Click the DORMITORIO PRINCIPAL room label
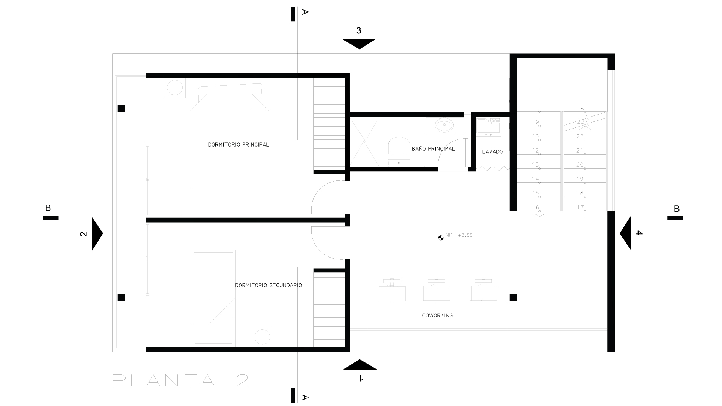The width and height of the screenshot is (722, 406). point(238,145)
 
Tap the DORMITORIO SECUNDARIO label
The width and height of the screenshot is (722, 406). point(268,285)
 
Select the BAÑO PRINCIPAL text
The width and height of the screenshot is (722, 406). point(433,149)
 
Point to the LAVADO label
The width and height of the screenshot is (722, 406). point(492,152)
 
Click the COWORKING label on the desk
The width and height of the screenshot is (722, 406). point(437,315)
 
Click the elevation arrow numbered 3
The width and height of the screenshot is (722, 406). point(359,44)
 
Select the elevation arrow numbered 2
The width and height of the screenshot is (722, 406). point(97,233)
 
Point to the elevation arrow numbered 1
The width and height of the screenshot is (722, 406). point(360,365)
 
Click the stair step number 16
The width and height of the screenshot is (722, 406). point(535,208)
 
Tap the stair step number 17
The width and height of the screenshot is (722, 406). point(580,208)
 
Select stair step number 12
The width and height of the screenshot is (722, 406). point(535,151)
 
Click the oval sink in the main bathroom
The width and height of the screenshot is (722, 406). point(444,125)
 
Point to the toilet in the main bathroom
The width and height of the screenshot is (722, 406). point(399,151)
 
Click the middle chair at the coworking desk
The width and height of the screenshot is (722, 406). point(437,290)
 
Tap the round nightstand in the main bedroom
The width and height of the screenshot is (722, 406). point(175,88)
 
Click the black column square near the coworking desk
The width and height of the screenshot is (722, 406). point(513,298)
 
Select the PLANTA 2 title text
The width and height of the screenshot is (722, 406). point(180,380)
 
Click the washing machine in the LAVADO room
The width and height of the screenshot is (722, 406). point(488,127)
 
